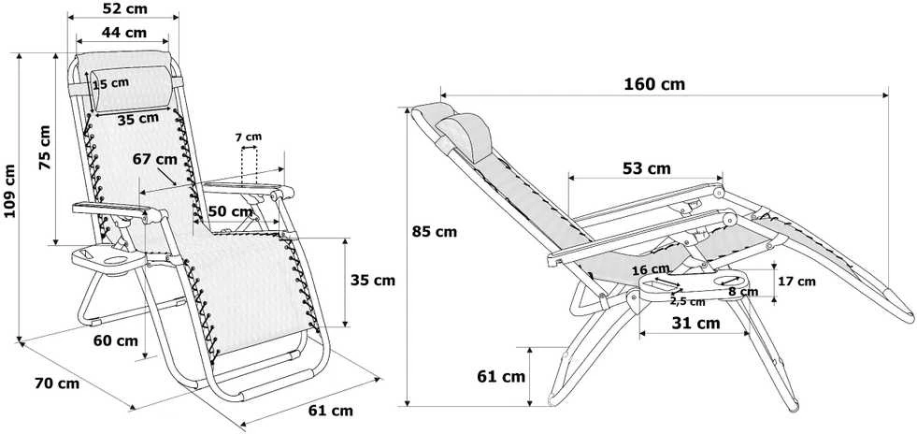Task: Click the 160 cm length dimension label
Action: coord(653,84)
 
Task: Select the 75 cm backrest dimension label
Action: coord(45,148)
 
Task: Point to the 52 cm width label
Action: coord(124,8)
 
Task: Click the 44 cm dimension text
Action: coord(124,33)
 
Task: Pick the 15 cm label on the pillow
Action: coord(111,83)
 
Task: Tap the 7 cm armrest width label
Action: coord(249,137)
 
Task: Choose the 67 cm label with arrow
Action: coord(155,158)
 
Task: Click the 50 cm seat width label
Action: coord(231,211)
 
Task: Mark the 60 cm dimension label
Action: coord(116,340)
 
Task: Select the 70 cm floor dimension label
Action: coord(57,383)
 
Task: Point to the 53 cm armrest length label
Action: coord(647,169)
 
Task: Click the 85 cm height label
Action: coord(435,232)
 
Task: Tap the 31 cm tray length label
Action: coord(696,323)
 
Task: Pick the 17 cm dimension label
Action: coord(796,282)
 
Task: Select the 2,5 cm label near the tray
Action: coord(687,302)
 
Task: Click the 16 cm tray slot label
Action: coord(651,269)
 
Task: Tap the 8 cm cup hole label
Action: coord(743,291)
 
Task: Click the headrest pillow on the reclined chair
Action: coord(466,137)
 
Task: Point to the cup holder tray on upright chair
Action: coord(108,260)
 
